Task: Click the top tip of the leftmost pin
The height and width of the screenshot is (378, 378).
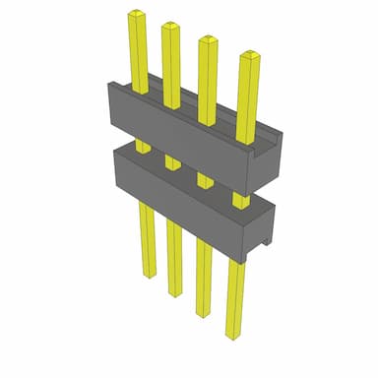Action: point(134,15)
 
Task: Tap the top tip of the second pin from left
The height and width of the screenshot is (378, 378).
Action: point(170,26)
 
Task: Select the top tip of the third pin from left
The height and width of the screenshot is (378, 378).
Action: point(207,40)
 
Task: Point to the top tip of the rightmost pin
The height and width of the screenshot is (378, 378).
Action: point(245,55)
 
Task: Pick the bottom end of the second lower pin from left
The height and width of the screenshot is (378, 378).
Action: point(175,292)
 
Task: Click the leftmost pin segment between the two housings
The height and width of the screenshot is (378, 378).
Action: point(143,146)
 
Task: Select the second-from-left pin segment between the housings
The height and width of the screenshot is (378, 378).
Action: point(173,160)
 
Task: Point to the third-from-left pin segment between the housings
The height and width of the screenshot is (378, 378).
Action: point(205,179)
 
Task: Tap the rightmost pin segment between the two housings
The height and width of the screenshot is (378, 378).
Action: point(240,199)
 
